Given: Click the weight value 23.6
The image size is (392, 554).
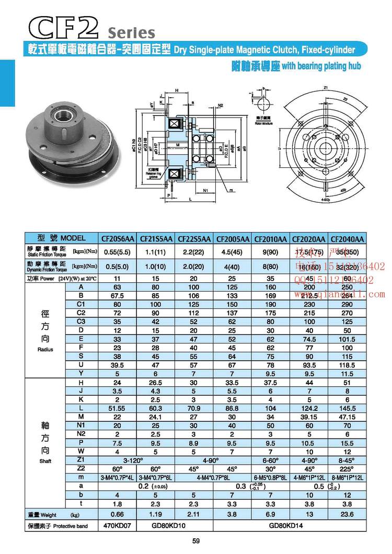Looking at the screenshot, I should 347,514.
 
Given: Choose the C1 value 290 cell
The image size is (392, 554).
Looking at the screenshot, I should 347,304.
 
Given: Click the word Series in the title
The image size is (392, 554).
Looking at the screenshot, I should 131,33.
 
